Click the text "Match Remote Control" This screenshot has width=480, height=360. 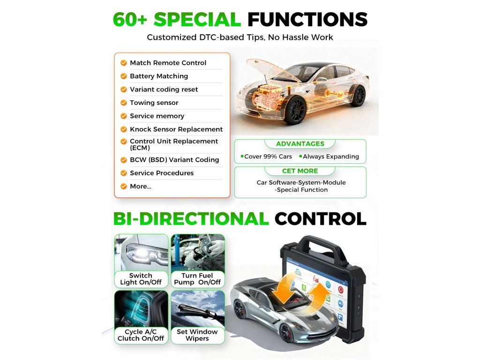(x=168, y=63)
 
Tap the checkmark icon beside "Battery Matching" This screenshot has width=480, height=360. (x=124, y=76)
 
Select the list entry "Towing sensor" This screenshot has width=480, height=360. (x=154, y=103)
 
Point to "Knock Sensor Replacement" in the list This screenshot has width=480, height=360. (x=176, y=129)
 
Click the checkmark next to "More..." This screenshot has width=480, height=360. (x=124, y=187)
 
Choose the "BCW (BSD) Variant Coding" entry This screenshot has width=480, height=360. (x=174, y=160)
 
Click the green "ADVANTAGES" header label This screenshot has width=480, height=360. (x=300, y=144)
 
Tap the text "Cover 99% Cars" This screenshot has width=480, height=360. (x=268, y=157)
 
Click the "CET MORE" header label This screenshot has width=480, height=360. (x=300, y=171)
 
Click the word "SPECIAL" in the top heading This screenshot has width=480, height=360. (x=197, y=20)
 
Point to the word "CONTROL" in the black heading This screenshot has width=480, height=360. (x=320, y=219)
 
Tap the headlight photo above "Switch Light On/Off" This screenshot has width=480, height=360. (x=141, y=252)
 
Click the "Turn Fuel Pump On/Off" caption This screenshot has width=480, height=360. (x=197, y=279)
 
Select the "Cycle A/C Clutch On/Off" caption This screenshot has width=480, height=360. (x=141, y=335)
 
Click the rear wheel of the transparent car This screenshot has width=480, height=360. (x=358, y=96)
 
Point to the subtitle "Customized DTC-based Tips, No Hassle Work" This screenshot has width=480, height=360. (x=240, y=37)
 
